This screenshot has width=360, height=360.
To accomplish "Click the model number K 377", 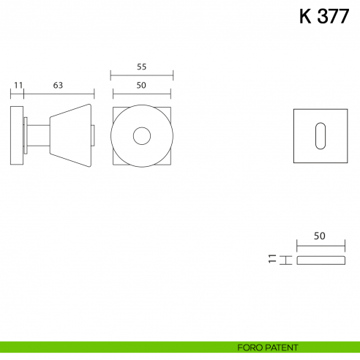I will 323,17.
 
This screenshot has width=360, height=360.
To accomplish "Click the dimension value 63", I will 58,85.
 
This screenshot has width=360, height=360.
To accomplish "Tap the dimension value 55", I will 141,67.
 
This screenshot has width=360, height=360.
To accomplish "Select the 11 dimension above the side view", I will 18,85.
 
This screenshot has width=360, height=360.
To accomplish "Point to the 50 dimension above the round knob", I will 141,85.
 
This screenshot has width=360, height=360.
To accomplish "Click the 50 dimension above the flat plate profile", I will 319,236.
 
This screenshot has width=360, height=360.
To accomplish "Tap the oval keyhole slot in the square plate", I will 320,136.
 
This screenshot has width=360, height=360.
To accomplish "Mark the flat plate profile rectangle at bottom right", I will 320,260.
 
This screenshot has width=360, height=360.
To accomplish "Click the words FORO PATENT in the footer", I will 268,347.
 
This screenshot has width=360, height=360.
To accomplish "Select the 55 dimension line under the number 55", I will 141,75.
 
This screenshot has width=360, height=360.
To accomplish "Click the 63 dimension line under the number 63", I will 59,94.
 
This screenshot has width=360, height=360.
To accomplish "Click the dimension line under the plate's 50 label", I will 320,244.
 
